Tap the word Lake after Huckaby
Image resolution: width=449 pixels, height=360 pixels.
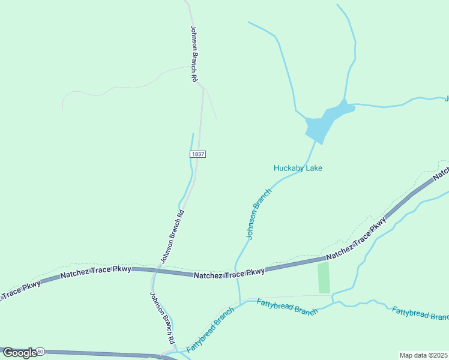coord(314,168)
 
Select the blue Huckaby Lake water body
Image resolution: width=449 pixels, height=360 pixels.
coord(324,123)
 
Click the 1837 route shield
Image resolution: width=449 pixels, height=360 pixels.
coord(198,154)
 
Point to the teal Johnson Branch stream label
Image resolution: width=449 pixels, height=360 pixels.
coord(259,214)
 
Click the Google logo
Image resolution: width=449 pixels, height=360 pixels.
coord(20,353)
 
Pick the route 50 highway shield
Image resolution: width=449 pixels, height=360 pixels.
coord(40,351)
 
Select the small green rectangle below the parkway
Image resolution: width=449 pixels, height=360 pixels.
coord(324,278)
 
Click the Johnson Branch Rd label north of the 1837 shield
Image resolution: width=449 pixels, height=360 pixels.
coord(194,54)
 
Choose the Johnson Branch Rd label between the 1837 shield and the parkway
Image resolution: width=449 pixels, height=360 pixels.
coord(172,236)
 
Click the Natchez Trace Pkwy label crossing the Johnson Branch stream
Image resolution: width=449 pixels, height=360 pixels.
coord(229,274)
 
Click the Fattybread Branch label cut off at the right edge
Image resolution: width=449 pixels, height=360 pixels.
coord(420,313)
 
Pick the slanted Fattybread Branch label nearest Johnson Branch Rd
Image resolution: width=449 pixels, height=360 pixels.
coord(209,331)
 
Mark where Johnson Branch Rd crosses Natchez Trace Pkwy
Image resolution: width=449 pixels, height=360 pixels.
coord(155,271)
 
